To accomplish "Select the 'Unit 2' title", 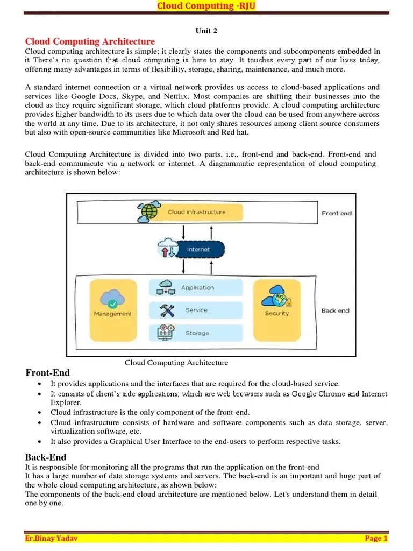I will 206,31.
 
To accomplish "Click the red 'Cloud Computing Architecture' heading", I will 90,41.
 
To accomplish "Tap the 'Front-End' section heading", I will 47,373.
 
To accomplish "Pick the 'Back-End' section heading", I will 45,457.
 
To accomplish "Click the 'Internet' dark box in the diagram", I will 197,250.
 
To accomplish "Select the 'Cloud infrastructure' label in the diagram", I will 196,212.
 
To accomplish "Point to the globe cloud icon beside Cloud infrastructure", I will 148,212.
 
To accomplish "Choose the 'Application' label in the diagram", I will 197,288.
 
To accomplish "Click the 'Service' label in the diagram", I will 196,310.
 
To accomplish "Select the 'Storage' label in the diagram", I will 197,333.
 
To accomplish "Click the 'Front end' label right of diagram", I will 336,213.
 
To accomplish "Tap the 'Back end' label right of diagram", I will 335,310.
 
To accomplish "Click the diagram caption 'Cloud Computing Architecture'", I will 176,363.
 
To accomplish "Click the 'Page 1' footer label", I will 376,538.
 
